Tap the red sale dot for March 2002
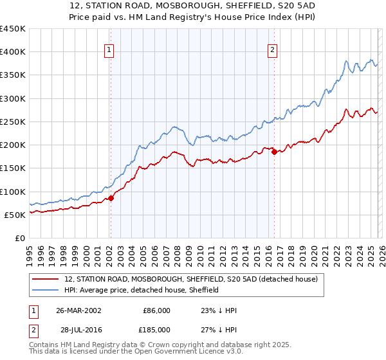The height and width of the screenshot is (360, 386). click(111, 198)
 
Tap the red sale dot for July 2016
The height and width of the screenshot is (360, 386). click(274, 152)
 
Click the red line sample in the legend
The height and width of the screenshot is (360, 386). click(46, 280)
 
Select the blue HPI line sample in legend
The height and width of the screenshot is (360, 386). click(46, 291)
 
